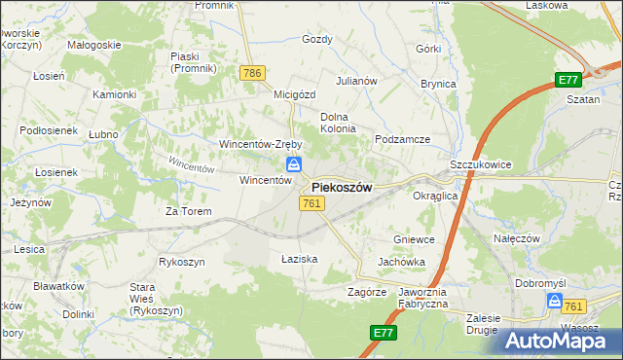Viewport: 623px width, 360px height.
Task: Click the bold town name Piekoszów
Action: coord(342,187)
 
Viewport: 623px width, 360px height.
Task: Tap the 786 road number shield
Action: coord(252,73)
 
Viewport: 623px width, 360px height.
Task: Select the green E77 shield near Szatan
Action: coord(569,81)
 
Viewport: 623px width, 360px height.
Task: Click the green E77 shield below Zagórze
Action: coord(383,333)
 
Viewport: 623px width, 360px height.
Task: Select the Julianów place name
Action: coord(356,81)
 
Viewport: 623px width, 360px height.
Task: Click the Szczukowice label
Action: coord(481,165)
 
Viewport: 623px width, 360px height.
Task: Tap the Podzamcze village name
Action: coord(403,139)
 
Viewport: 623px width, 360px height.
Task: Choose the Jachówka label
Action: coord(402,263)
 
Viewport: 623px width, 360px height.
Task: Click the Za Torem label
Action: coord(188,210)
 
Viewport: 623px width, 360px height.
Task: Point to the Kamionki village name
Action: coord(114,94)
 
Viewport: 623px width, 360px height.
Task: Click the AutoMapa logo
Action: coord(561,341)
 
